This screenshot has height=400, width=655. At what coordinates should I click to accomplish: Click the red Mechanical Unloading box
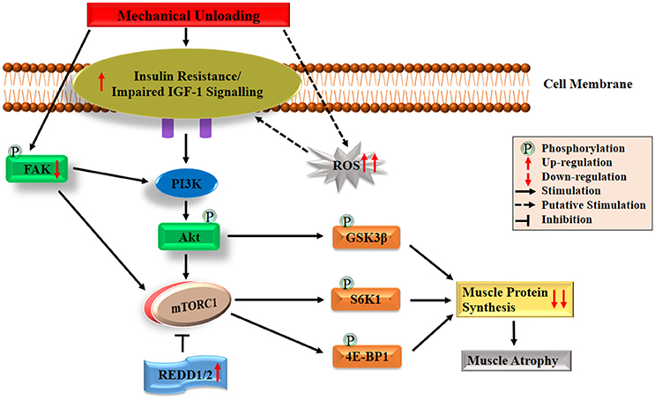coord(188,15)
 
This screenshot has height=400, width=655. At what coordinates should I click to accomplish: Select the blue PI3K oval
coord(186,183)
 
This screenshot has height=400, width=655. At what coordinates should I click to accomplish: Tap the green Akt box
coord(189,237)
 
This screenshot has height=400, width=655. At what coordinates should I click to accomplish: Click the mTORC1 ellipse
coord(188,306)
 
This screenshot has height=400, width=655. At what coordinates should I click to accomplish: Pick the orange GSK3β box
coord(367,238)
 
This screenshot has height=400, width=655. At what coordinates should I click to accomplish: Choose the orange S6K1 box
coord(366,300)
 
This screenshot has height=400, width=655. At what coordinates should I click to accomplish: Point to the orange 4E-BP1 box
coord(367,357)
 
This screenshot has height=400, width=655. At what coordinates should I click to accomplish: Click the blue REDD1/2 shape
coord(185,374)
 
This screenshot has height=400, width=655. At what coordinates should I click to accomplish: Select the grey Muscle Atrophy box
coord(516,360)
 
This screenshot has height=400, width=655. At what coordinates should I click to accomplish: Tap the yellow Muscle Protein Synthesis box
coord(515,300)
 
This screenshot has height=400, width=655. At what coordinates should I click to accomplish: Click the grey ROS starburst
coord(346,166)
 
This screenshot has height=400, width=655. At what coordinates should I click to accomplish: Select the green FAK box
coord(37,169)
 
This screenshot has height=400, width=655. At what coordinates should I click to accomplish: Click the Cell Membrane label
coord(588,84)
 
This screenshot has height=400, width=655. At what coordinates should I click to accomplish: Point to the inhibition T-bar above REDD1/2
coord(183,343)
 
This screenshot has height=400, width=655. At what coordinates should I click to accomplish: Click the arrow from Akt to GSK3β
coord(275,236)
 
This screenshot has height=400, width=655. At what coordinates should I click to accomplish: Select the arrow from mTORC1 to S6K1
coord(279,300)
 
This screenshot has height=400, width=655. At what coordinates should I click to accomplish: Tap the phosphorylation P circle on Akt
coord(209,216)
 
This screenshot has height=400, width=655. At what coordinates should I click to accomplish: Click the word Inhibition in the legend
coord(567,219)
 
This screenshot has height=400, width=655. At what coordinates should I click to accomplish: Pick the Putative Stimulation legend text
coord(593,205)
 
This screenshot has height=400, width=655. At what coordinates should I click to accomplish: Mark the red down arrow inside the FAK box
coord(57,169)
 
